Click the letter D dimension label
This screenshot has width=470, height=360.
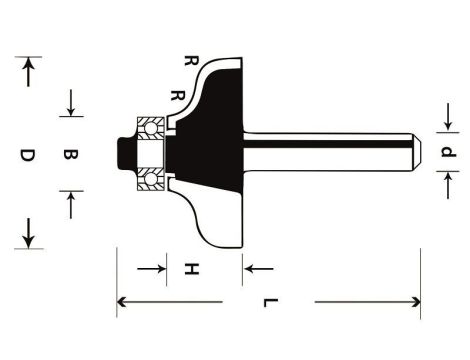[x=28, y=156]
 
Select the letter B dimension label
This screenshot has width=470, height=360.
[x=71, y=155]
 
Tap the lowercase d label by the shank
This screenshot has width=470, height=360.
[x=449, y=153]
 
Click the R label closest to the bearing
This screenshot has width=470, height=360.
[x=178, y=96]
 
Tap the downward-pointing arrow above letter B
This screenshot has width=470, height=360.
[x=72, y=103]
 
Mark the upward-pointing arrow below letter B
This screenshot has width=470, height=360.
[x=72, y=205]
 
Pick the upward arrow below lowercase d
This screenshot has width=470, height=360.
[x=449, y=183]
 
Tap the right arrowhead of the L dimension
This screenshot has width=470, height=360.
[x=412, y=301]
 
